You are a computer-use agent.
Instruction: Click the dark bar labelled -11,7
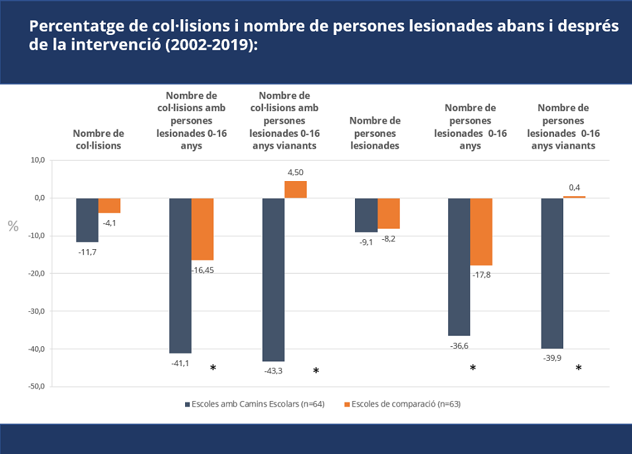tap(87, 220)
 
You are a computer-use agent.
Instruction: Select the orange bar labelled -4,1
tap(110, 206)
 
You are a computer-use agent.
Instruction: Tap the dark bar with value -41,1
tap(180, 276)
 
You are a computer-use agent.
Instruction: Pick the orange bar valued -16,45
tap(202, 229)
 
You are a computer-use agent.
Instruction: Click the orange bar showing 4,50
tap(296, 190)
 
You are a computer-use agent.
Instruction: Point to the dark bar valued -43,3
tap(273, 280)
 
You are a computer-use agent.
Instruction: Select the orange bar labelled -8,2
tap(389, 213)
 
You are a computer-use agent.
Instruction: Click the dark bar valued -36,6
tap(459, 267)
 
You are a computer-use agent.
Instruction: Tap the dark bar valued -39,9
tap(552, 273)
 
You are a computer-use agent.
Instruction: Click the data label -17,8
tap(481, 274)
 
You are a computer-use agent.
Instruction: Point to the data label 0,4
tap(574, 188)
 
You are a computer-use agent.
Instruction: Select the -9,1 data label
tap(366, 242)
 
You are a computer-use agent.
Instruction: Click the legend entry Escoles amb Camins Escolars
tap(254, 404)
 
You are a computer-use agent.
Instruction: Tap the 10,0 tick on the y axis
tap(36, 161)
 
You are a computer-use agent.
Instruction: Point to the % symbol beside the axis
tap(13, 226)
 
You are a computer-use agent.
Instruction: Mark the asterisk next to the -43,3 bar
tap(316, 371)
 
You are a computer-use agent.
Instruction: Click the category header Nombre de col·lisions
tap(98, 139)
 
